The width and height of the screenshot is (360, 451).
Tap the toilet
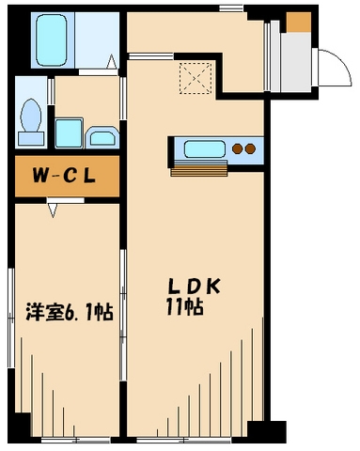30,119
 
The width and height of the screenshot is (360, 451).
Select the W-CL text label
66,176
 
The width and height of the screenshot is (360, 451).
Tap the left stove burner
238,148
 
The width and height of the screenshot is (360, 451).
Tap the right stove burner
251,148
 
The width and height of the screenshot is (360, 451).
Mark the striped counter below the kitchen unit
200,170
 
